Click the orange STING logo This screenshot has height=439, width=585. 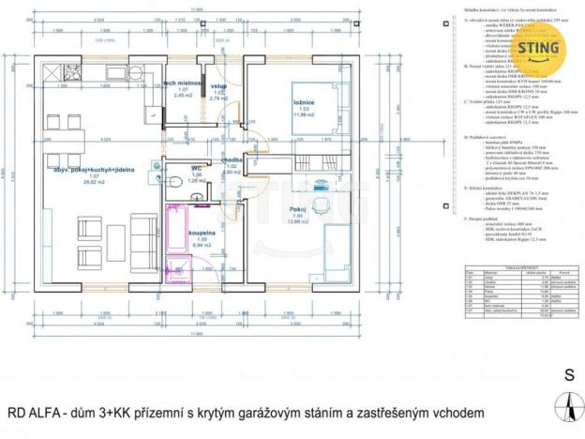pos(536,48)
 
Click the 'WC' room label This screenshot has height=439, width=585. pos(197,168)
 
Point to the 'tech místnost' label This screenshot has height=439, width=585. pos(184,83)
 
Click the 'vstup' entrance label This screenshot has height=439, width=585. pos(219,87)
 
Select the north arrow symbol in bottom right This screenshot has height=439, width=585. pos(567,406)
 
